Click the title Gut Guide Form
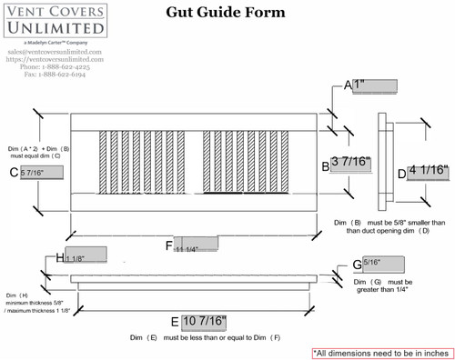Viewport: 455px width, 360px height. coord(225,14)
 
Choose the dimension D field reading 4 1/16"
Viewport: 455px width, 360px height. coord(426,170)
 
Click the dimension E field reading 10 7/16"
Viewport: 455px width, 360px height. coord(204,322)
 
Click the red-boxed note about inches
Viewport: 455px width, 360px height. coord(381,351)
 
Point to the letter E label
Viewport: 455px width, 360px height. coord(175,323)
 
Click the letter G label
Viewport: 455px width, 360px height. coord(357,265)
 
